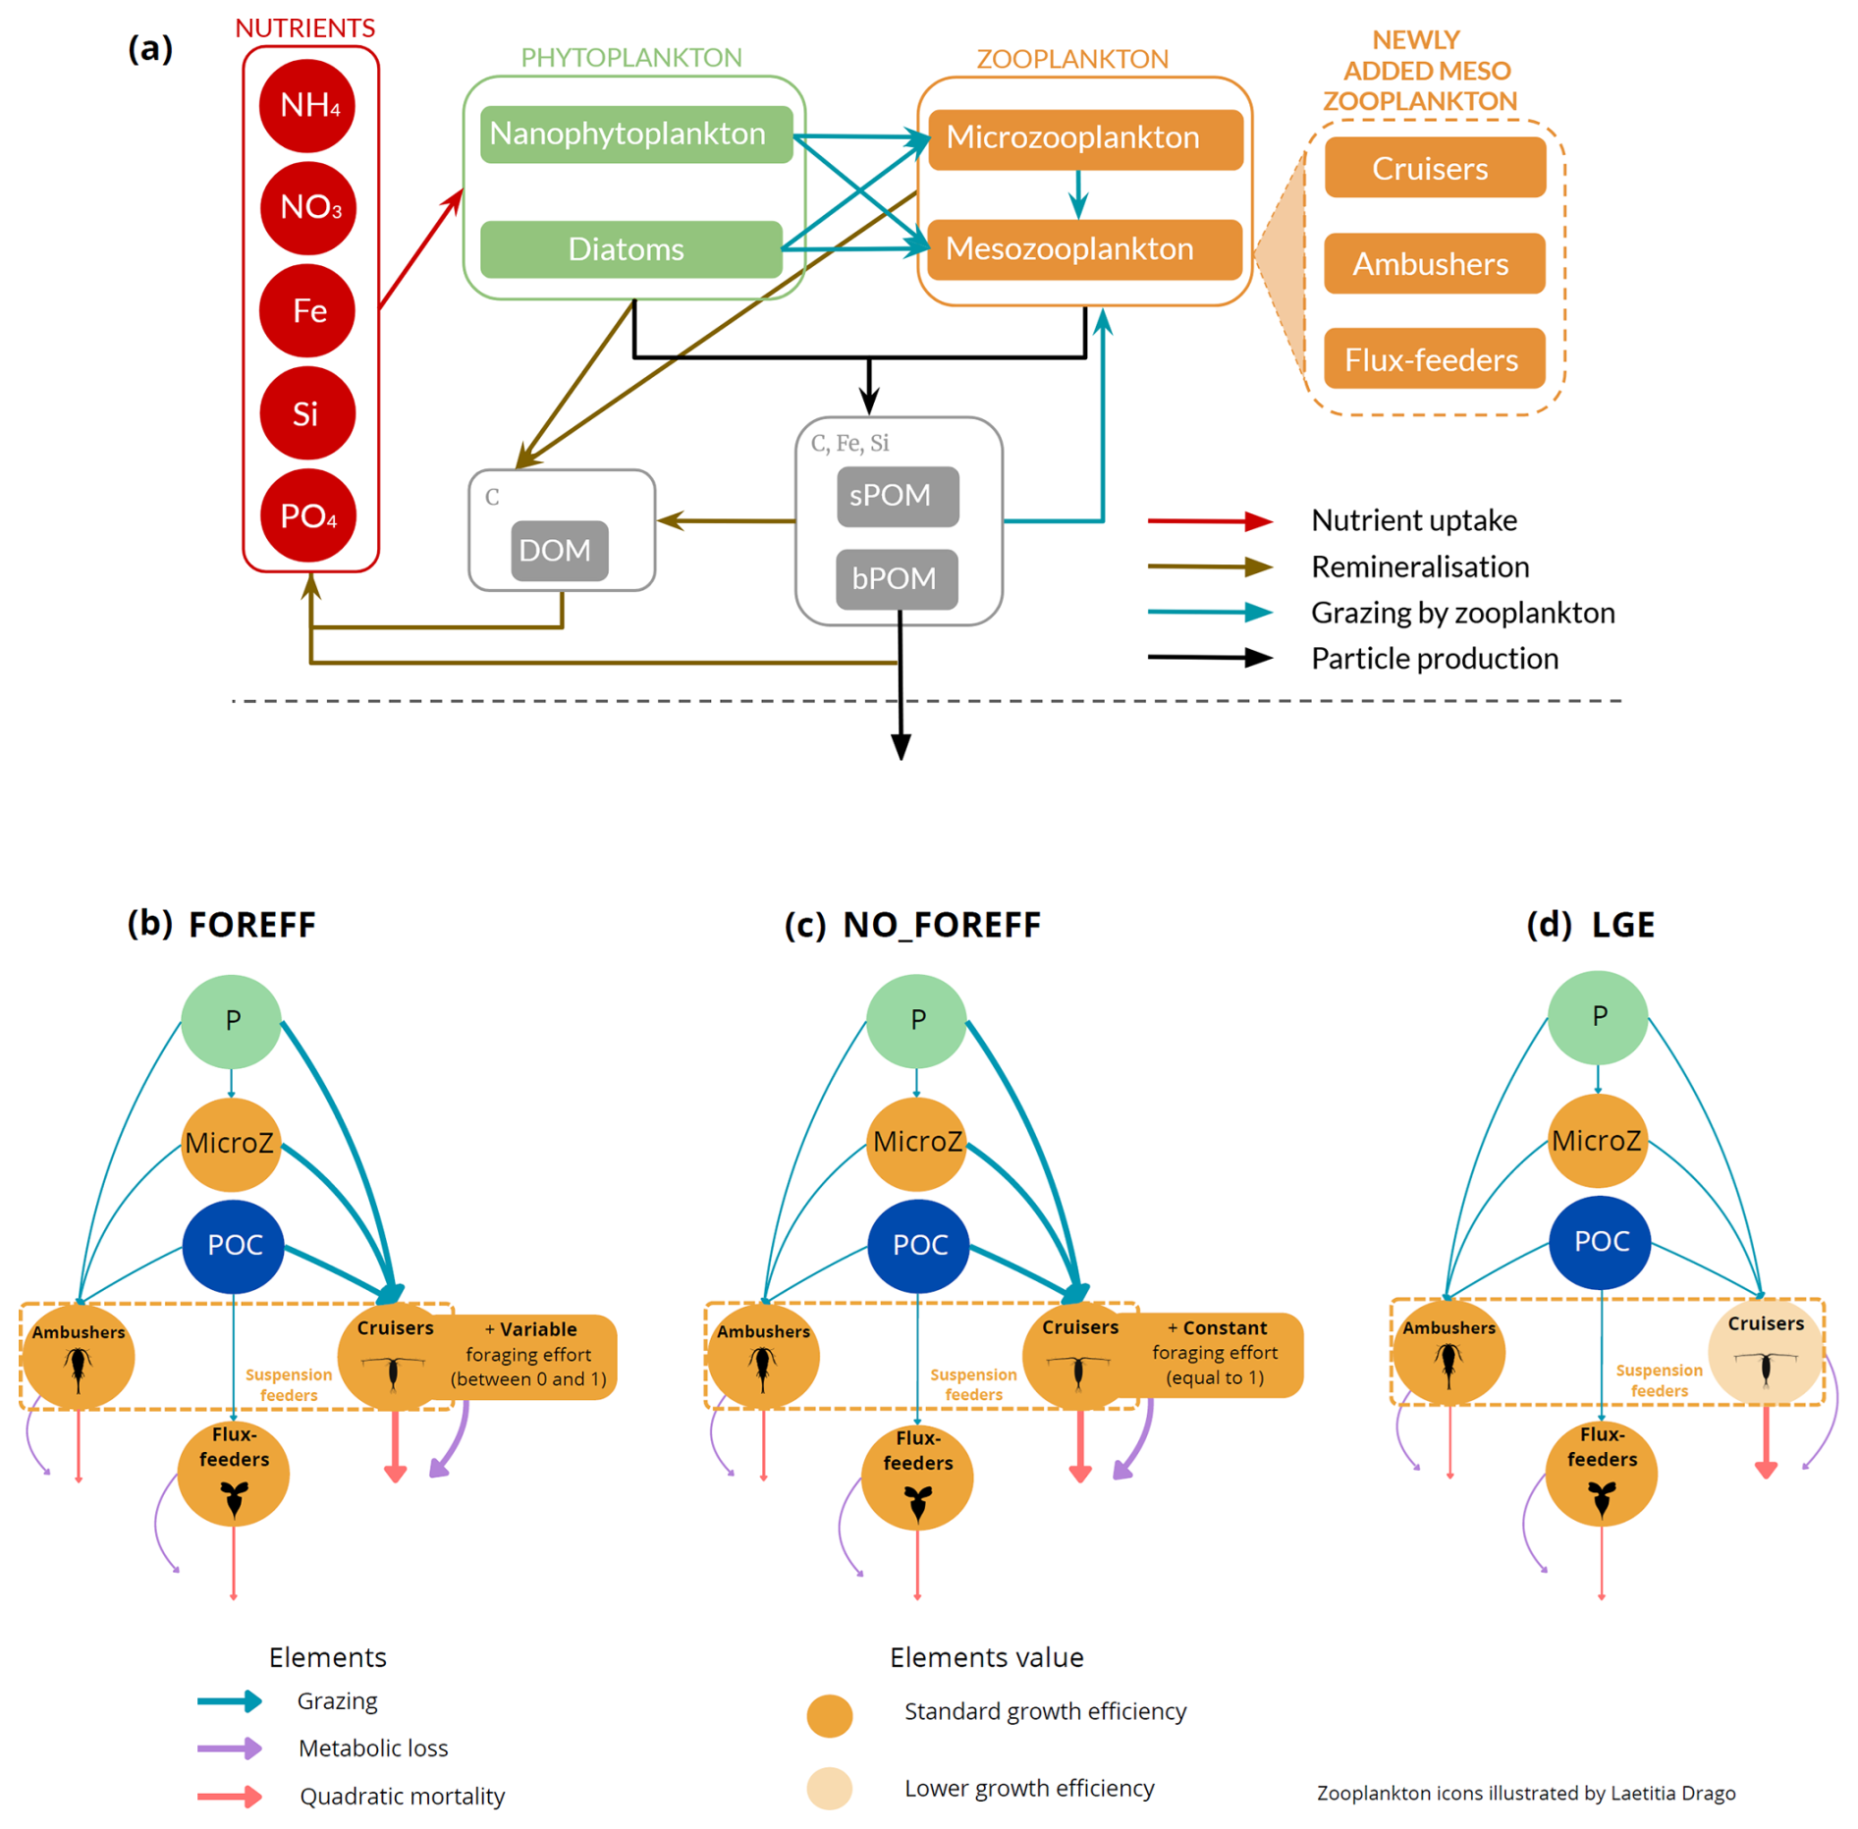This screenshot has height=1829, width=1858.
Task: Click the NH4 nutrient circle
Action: [x=307, y=105]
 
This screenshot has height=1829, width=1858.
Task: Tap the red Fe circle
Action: [x=307, y=310]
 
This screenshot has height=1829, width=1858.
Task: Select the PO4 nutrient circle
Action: [x=307, y=515]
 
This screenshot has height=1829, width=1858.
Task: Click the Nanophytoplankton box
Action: [x=635, y=134]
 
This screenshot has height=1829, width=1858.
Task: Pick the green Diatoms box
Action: [x=630, y=249]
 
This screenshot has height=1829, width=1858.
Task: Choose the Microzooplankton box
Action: [x=1084, y=138]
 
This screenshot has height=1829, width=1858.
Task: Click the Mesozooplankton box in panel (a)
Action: [x=1084, y=249]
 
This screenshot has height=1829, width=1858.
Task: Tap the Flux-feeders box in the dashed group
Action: [x=1433, y=359]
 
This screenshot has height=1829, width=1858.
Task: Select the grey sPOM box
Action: [x=897, y=496]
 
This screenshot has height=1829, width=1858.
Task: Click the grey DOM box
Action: [x=559, y=550]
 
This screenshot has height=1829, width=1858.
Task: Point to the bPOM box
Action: [x=896, y=579]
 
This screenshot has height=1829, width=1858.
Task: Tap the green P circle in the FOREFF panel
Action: [x=232, y=1021]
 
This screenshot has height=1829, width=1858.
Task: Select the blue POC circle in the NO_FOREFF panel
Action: [x=918, y=1245]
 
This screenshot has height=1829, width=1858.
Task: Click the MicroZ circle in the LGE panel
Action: [x=1597, y=1141]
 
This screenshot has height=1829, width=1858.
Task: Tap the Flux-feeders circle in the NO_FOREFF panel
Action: [x=917, y=1475]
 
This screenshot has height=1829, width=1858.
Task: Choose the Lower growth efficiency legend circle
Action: [x=829, y=1788]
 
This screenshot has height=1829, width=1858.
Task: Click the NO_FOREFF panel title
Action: [x=940, y=925]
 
